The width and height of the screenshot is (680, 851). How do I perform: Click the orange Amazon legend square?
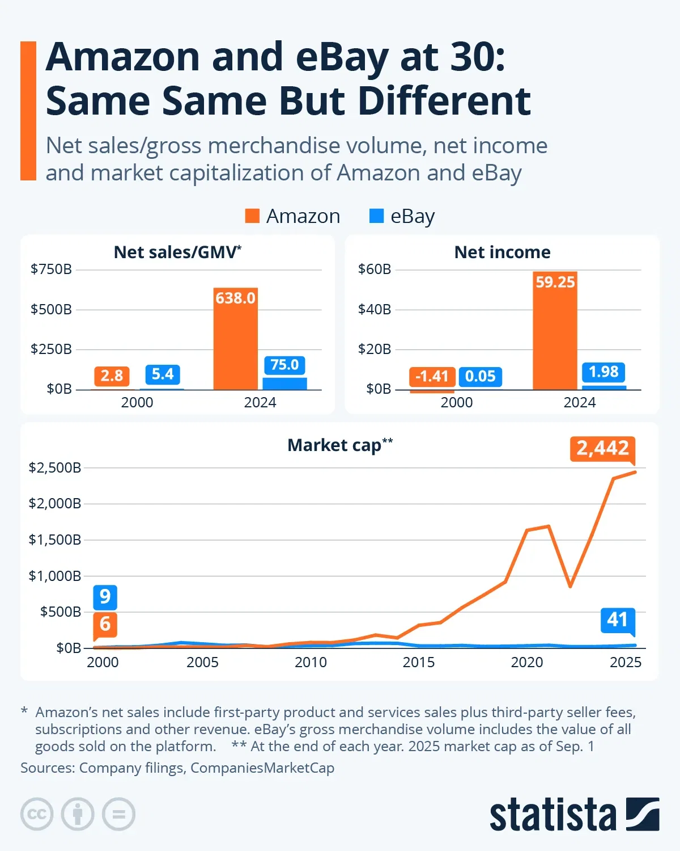coord(252,216)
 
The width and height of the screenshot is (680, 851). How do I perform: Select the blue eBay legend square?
coord(376,216)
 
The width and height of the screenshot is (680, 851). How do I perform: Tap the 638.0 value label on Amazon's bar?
coord(235,298)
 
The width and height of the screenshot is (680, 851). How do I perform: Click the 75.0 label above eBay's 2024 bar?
coord(284,365)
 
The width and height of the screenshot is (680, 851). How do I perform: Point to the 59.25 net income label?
coord(555,282)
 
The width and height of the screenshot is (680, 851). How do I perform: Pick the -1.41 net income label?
coord(432,376)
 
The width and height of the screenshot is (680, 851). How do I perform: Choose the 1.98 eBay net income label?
coord(603,372)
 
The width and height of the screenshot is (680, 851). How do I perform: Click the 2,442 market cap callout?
coord(602,448)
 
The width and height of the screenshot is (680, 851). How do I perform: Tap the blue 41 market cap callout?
coord(617,620)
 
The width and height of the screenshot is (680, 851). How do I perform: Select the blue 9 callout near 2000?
coord(105,597)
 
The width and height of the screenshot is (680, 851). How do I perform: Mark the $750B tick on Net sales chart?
coord(51,269)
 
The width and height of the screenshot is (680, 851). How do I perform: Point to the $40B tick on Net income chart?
coord(375,309)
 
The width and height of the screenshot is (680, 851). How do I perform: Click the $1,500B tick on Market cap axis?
coord(55,540)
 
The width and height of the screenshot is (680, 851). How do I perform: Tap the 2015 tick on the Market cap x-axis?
coord(418,662)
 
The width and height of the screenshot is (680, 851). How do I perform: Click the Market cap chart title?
coord(339,445)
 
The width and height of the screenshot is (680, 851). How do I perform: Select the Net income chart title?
coord(502,252)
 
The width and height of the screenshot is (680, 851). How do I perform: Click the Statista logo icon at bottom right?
coord(643,814)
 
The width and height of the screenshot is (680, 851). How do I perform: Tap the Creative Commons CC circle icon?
coord(37,814)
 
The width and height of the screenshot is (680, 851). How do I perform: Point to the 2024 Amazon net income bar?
coord(555,340)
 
